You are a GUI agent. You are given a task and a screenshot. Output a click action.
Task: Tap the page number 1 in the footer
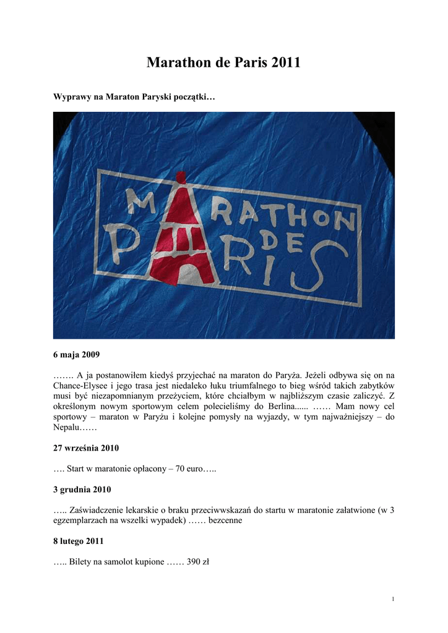click(x=393, y=599)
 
